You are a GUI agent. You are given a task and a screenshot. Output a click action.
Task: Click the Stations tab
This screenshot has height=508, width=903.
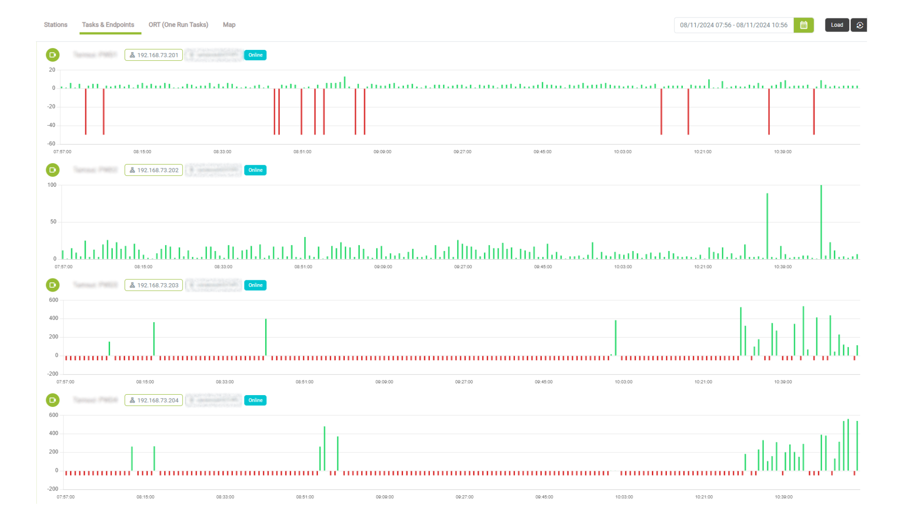click(55, 25)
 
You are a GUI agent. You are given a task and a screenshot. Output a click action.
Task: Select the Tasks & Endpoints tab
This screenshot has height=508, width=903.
click(108, 25)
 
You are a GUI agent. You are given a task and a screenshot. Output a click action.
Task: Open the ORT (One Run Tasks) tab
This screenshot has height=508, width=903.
click(178, 25)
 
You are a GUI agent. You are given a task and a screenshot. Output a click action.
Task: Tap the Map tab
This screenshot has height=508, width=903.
click(229, 25)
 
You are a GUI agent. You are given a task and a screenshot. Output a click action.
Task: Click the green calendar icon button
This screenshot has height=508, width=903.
click(803, 25)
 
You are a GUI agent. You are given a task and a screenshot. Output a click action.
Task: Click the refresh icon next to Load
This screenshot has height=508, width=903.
click(859, 25)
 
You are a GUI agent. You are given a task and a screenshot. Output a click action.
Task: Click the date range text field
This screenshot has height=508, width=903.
click(733, 25)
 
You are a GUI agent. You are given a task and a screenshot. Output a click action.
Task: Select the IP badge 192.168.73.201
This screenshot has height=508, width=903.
click(154, 55)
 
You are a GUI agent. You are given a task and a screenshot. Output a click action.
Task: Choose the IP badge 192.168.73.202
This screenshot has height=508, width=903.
click(154, 170)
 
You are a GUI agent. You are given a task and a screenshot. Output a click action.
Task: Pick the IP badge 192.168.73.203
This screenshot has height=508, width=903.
click(154, 285)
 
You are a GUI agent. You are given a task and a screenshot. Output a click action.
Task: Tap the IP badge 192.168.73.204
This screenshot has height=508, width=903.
click(154, 400)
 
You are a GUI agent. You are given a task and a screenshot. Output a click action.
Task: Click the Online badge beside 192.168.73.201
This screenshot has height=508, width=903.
click(255, 55)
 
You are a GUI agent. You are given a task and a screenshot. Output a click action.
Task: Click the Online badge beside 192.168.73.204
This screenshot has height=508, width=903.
click(255, 400)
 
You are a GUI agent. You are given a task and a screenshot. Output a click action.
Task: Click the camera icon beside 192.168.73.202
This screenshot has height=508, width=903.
click(53, 170)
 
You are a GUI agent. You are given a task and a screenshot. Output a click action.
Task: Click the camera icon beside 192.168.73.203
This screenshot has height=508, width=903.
click(53, 285)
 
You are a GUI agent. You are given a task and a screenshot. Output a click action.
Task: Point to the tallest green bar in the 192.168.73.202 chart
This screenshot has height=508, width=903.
click(821, 221)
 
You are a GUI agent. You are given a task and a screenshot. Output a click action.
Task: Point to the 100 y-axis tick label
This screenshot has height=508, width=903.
click(52, 185)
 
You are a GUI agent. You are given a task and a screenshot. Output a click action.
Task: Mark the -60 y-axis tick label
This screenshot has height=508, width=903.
click(51, 143)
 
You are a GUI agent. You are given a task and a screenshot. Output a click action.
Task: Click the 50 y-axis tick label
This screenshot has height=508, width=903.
click(53, 222)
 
